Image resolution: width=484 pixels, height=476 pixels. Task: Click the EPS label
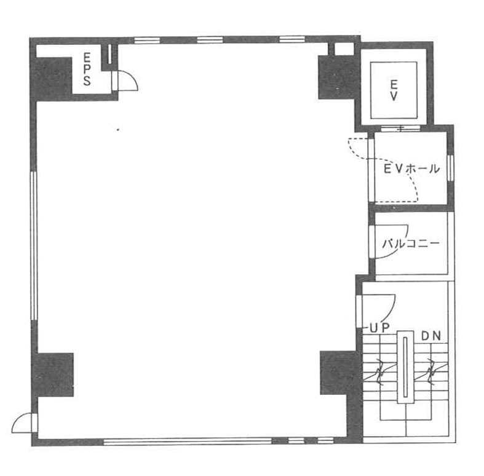(x=87, y=69)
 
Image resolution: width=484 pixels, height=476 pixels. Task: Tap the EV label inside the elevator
(x=394, y=90)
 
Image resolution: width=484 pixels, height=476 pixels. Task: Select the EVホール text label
(x=411, y=169)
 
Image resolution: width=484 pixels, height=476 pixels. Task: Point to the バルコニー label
(x=411, y=244)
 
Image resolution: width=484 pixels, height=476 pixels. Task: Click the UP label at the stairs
(x=379, y=328)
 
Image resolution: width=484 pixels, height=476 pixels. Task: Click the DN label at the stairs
(x=431, y=336)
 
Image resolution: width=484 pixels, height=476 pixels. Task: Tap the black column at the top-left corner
(x=52, y=78)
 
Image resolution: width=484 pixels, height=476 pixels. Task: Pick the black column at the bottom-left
(x=53, y=375)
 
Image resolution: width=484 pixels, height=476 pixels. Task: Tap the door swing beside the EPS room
(x=125, y=81)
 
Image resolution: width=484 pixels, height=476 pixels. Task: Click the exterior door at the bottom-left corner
(x=25, y=422)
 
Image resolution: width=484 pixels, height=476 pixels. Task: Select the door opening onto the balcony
(x=388, y=242)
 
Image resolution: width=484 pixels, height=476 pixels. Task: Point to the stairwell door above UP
(x=376, y=311)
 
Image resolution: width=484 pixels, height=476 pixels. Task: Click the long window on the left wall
(x=34, y=245)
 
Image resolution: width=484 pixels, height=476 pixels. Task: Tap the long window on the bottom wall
(x=188, y=442)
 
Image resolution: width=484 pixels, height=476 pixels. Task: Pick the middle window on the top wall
(x=210, y=40)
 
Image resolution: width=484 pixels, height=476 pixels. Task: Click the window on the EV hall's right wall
(x=451, y=168)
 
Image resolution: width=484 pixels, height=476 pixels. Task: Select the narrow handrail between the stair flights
(x=405, y=367)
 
